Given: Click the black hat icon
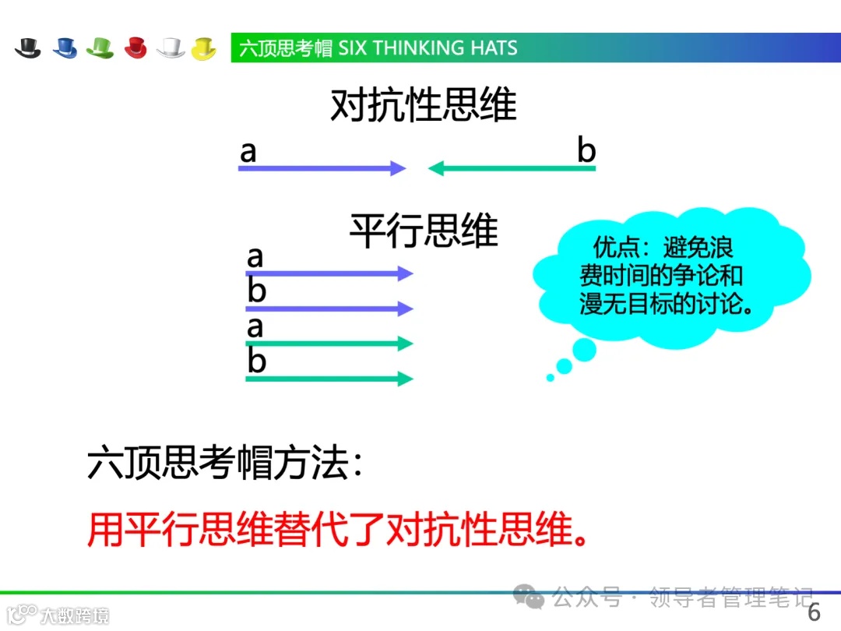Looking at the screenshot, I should pos(28,48).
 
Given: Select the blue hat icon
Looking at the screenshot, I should pos(65,48).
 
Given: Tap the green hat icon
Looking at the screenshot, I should pos(100,48).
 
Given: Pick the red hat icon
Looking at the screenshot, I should pos(135,48).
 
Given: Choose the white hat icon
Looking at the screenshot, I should pos(171,48).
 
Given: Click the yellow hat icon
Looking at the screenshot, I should pos(204,48).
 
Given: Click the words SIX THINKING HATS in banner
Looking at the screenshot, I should pos(428,48).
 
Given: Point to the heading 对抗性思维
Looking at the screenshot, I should pos(423,105).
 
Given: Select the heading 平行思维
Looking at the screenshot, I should pos(423,231).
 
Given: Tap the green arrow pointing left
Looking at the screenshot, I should pos(512,168).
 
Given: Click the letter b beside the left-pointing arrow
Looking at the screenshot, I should pos(586,150).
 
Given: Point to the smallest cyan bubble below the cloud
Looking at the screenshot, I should pos(551,378).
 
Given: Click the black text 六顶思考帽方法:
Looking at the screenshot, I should pos(225,465).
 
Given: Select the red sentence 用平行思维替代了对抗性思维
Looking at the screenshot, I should pos(337,529).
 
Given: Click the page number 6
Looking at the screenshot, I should pos(814,612).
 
